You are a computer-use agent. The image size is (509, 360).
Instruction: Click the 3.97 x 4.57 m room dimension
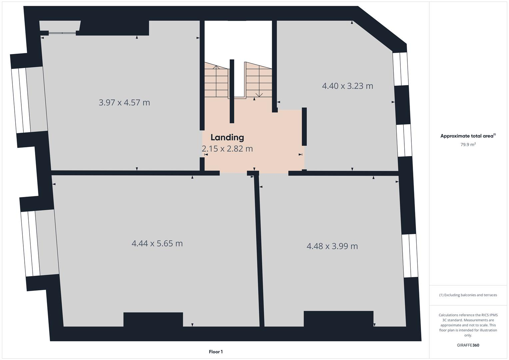click(124, 102)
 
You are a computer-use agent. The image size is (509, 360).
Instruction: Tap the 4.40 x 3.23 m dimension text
click(347, 86)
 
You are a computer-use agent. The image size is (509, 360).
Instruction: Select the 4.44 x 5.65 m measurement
click(157, 243)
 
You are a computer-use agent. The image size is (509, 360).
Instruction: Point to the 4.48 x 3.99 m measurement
click(332, 246)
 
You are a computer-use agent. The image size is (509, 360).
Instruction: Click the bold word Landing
click(227, 137)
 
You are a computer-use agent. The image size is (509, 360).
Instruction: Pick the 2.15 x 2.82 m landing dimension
click(227, 149)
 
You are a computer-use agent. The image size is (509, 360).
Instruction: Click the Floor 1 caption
click(216, 352)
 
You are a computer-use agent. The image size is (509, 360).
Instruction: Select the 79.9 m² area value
click(468, 145)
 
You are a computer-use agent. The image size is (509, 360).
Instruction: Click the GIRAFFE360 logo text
click(468, 345)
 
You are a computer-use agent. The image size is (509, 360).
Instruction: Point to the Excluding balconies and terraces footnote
click(468, 295)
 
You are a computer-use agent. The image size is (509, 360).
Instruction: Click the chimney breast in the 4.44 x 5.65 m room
click(153, 319)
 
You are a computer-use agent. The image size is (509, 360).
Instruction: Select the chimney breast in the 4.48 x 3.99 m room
click(338, 319)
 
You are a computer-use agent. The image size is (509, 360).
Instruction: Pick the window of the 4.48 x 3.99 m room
click(410, 256)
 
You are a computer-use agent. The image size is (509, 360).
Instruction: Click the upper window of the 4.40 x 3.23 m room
click(400, 69)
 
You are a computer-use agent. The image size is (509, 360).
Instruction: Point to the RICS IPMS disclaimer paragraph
click(468, 325)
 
